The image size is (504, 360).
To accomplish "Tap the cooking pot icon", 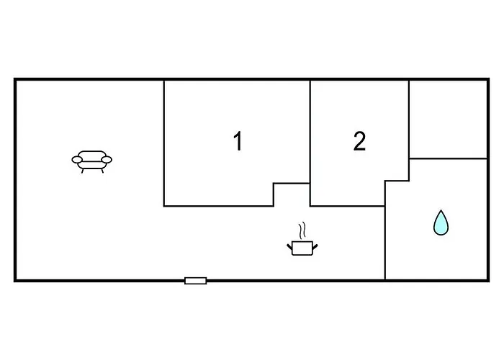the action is click(x=302, y=248).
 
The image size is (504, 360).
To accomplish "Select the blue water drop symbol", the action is click(x=441, y=222).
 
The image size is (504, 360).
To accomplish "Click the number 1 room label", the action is click(x=238, y=141).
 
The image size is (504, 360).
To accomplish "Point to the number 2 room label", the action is click(x=359, y=141).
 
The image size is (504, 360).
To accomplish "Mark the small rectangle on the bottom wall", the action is click(x=195, y=281).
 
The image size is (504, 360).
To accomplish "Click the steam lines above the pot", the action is click(x=302, y=230).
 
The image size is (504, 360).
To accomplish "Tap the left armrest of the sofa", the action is click(x=77, y=159).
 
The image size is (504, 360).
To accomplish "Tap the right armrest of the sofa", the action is click(x=107, y=159).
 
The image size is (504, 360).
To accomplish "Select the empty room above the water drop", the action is click(x=449, y=119).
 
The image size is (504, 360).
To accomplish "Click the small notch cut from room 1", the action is click(x=292, y=195).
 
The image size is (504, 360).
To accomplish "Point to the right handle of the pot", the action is click(x=315, y=247).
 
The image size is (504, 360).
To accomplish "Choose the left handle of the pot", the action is click(x=289, y=247).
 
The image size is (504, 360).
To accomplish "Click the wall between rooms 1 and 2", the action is click(x=310, y=143).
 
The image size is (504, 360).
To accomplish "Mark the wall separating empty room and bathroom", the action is click(x=449, y=158).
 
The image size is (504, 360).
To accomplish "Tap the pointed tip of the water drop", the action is click(x=441, y=210).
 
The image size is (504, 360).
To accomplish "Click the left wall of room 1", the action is click(x=164, y=143).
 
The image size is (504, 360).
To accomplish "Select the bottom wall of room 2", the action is click(x=348, y=206).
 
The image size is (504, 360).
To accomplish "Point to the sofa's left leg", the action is click(x=83, y=171).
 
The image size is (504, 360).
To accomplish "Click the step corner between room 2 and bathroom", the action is click(x=385, y=181).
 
